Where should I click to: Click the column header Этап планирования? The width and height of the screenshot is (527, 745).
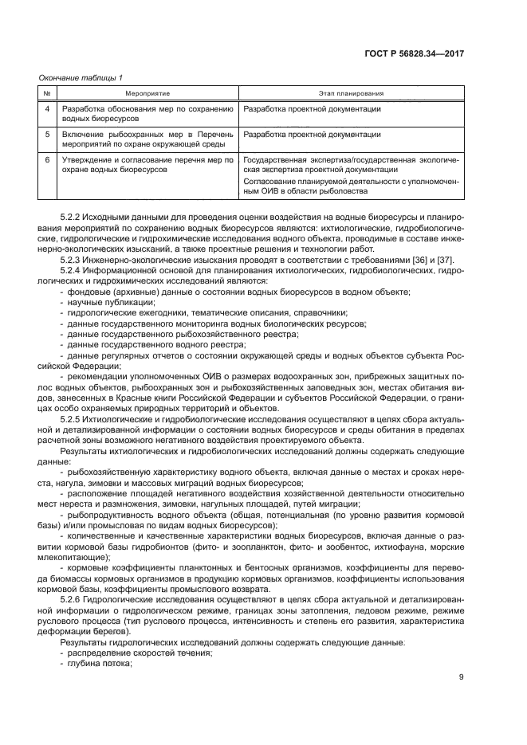click(x=351, y=93)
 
